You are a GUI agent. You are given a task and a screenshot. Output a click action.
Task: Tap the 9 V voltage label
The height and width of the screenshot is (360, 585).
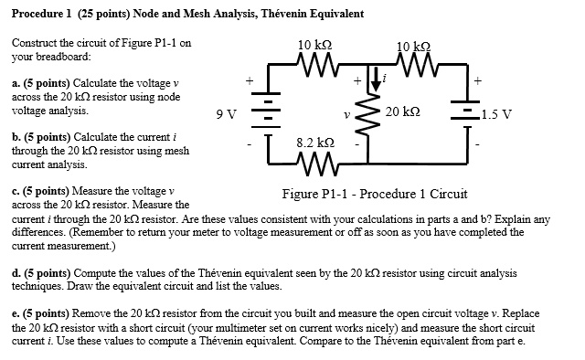(226, 114)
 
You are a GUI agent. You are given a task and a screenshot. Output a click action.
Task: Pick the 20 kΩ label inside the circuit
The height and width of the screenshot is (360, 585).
(402, 111)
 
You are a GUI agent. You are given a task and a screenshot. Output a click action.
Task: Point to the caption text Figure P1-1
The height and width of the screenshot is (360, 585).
(314, 194)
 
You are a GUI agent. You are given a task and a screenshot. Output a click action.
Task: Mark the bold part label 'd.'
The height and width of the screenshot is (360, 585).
(16, 271)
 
